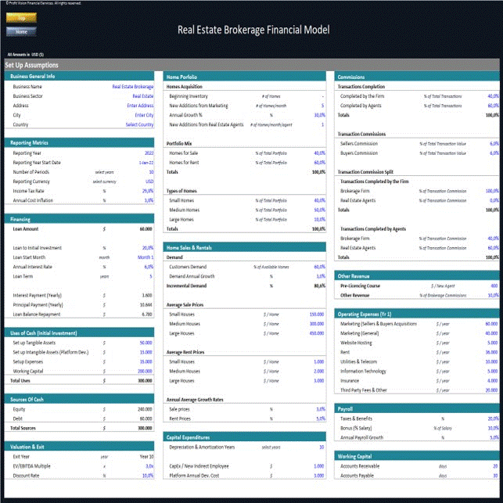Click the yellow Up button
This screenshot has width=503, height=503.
click(x=21, y=17)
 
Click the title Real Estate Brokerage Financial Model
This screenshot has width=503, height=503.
click(x=253, y=31)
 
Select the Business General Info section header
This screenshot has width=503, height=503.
click(x=33, y=77)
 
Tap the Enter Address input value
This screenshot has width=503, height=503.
click(x=140, y=105)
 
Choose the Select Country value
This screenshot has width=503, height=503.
click(x=139, y=124)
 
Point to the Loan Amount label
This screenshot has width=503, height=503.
click(x=26, y=229)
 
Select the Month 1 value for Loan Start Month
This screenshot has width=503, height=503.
click(x=146, y=257)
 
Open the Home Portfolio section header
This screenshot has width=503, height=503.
click(x=182, y=77)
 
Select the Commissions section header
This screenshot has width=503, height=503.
click(x=350, y=77)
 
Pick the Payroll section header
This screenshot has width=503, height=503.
click(x=346, y=408)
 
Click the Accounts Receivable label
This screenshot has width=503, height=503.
click(x=361, y=465)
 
